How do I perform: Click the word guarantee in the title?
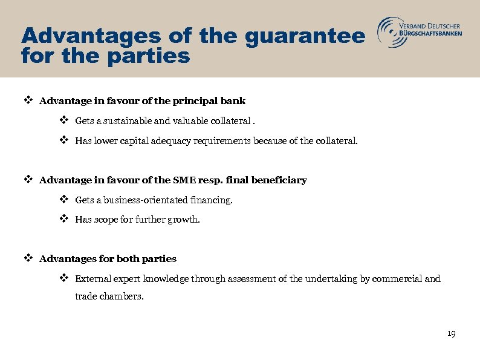pos(305,37)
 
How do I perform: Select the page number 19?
pos(451,334)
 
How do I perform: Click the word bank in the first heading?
pos(233,100)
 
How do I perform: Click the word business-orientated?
pos(148,200)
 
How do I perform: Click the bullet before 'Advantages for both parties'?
pos(27,258)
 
